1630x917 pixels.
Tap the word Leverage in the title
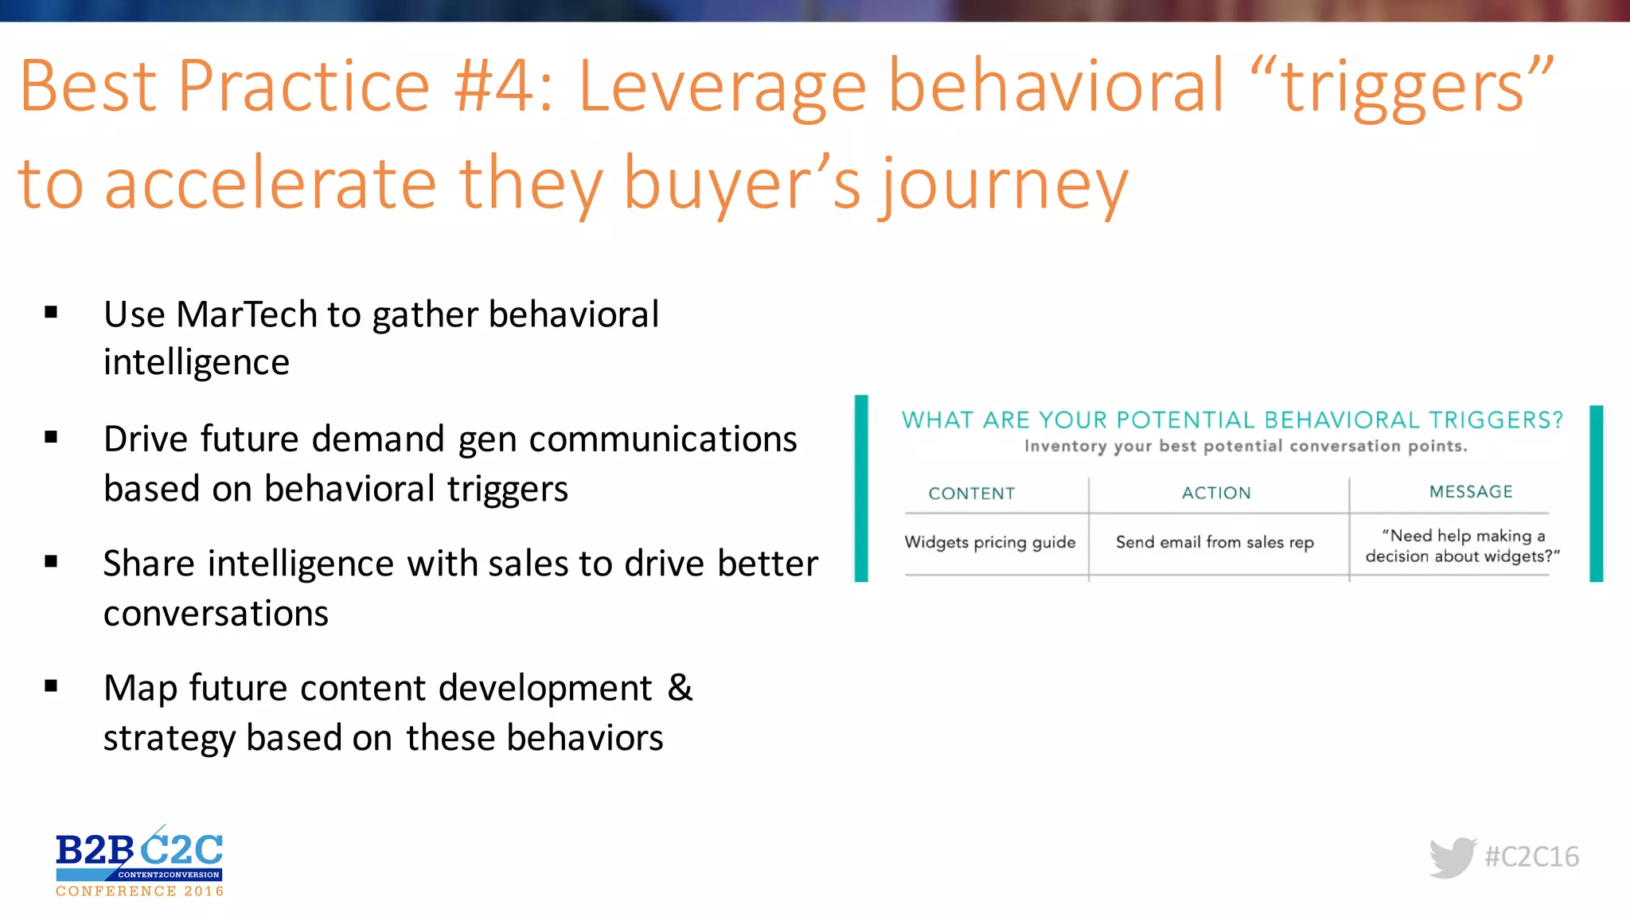(721, 88)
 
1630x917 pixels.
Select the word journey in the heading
(1004, 185)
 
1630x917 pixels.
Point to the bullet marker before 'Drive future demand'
(52, 437)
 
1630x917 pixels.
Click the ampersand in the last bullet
(680, 688)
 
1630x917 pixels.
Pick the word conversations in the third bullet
(216, 614)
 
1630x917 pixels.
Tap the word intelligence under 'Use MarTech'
(197, 363)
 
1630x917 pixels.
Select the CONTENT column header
(971, 494)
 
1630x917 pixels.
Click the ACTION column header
(1215, 494)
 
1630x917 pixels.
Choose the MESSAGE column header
(1470, 492)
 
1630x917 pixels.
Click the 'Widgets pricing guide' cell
(989, 543)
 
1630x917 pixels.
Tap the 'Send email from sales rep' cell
(1214, 543)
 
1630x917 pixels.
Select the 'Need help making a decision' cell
(1462, 546)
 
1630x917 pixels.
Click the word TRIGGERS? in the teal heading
(1495, 420)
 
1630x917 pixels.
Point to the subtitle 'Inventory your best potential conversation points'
(1245, 447)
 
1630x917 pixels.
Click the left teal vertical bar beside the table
(861, 488)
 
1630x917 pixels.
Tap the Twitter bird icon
(1452, 857)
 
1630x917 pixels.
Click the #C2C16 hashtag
(1531, 857)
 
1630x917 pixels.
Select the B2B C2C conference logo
(139, 862)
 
